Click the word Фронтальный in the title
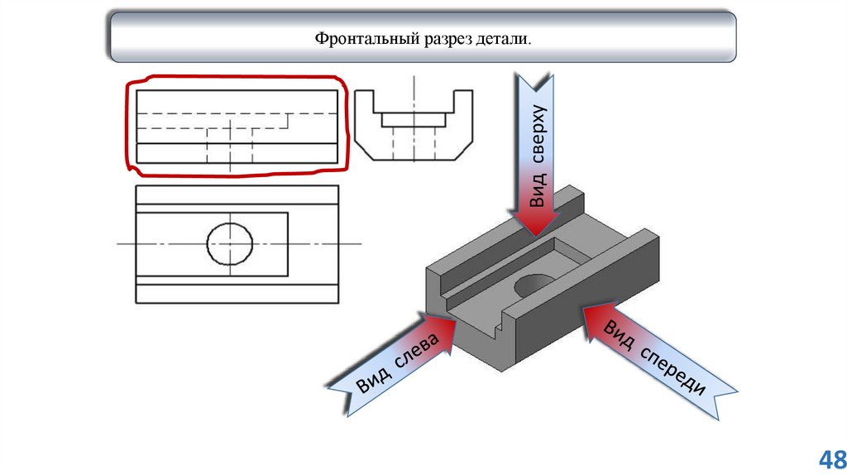coord(360,39)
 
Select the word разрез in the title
coord(443,39)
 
